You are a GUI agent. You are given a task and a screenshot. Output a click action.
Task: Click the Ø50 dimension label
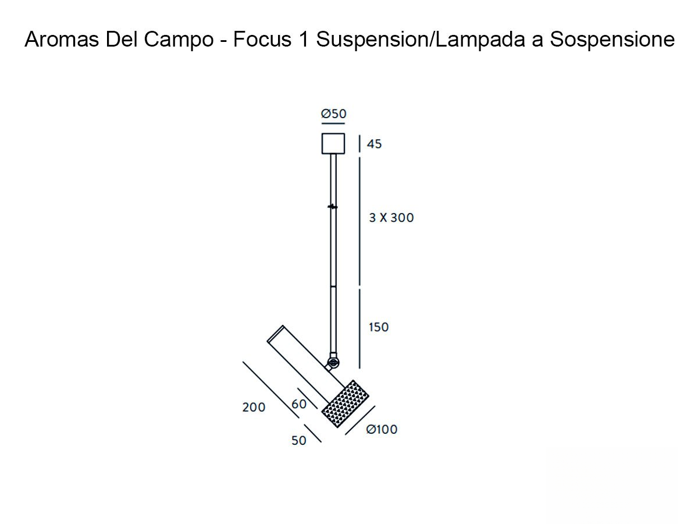click(333, 114)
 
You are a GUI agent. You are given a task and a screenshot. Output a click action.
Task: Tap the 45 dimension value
click(375, 144)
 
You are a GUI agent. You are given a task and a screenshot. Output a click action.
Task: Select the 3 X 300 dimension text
click(391, 218)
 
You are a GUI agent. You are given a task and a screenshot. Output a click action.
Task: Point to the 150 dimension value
click(379, 327)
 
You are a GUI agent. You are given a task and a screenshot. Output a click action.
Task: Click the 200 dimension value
click(254, 408)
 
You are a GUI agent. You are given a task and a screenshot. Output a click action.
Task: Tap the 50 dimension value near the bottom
click(298, 441)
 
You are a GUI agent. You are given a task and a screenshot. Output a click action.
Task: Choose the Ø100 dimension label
click(382, 430)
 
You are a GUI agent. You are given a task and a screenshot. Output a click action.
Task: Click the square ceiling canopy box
click(333, 144)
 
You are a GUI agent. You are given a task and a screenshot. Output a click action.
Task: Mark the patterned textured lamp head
click(346, 403)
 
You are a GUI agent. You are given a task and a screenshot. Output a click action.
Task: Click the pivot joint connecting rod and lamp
click(332, 363)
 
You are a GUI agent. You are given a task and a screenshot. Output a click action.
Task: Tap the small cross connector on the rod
click(333, 207)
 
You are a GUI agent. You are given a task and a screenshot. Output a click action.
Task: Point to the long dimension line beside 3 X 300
click(359, 221)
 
